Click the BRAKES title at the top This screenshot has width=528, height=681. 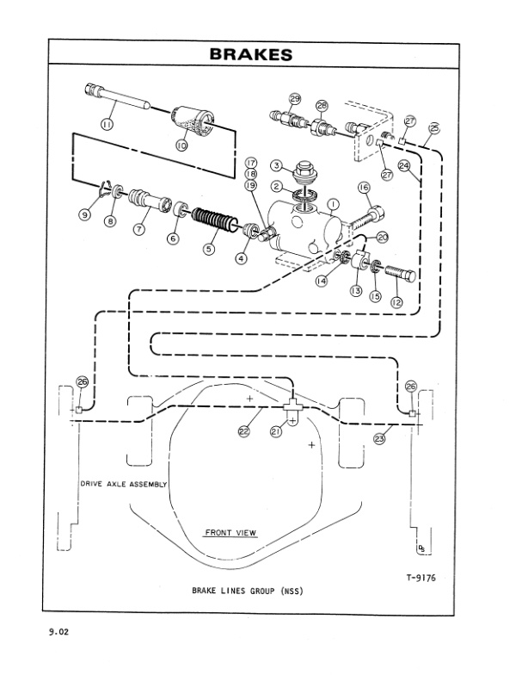coord(251,55)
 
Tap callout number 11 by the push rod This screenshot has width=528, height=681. coord(108,125)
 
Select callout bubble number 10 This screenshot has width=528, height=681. coord(181,146)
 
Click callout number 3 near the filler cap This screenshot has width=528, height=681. coord(277,164)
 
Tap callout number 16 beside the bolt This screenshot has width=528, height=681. coord(363,187)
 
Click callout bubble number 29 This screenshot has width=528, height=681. coord(295,100)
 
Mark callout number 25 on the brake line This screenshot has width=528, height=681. coord(433,128)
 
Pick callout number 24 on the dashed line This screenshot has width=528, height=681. coord(404,164)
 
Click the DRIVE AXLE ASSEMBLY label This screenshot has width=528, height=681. coord(124,484)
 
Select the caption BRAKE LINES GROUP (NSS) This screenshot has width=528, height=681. coord(248,591)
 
